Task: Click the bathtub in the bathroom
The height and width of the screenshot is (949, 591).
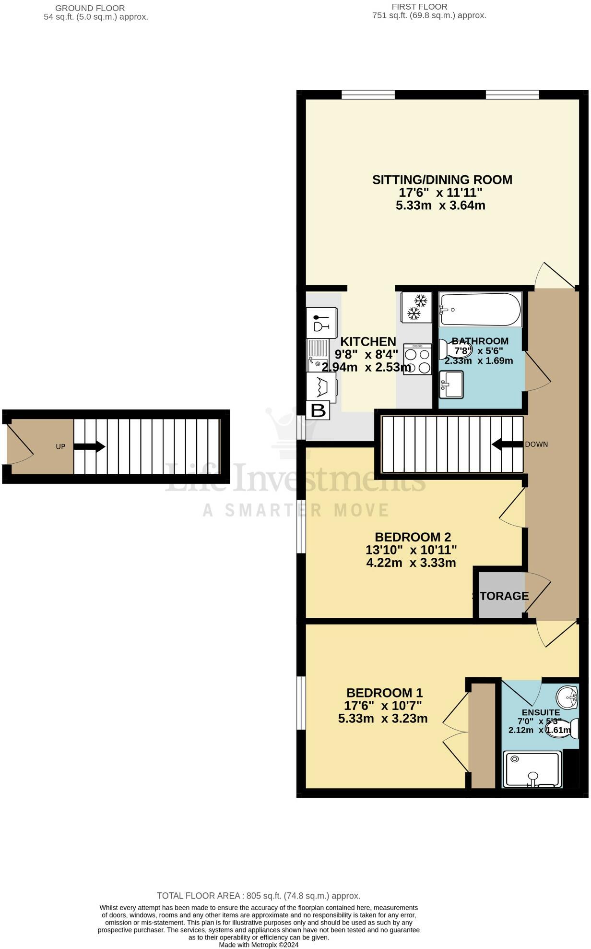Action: point(480,310)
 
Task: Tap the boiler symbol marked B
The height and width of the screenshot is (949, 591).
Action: point(318,410)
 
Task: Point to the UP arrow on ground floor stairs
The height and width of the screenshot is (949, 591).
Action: point(89,446)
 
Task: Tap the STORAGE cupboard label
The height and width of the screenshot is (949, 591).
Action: point(501,596)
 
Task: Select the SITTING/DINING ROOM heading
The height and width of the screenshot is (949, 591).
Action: point(442,180)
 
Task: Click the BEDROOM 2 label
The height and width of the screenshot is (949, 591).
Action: point(413,537)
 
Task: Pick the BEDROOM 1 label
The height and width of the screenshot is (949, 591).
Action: point(384,693)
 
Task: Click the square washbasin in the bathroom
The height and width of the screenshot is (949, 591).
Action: point(451,384)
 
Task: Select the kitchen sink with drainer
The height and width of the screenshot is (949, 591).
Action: point(318,355)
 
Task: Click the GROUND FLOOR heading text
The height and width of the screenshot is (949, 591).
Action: point(90,8)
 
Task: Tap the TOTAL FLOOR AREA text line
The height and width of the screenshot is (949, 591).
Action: point(259,896)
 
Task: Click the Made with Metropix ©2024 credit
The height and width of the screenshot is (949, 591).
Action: point(259,945)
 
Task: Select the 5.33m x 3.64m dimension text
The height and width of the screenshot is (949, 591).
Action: point(440,205)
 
